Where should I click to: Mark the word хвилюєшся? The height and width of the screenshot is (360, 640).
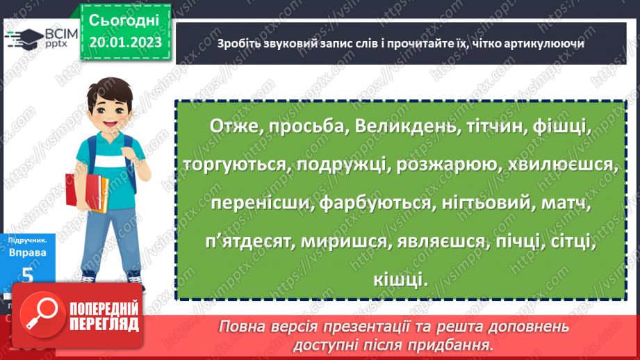pos(560,165)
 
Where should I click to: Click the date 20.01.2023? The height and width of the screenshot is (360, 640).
pos(125,42)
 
